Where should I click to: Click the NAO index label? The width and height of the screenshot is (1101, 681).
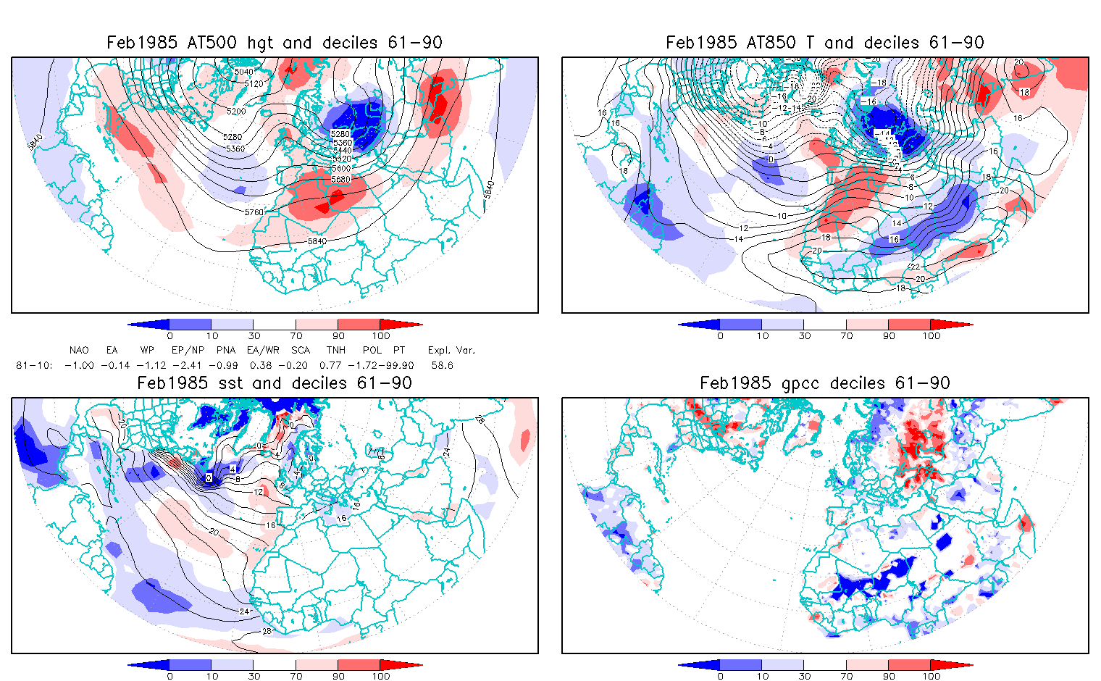coord(79,350)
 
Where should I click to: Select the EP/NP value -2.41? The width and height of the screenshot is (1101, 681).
coord(188,365)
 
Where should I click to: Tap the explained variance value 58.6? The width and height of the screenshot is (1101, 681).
coord(442,365)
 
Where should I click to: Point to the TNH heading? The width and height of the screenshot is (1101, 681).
coord(335,350)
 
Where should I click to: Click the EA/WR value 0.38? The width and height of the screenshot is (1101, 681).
coord(261,365)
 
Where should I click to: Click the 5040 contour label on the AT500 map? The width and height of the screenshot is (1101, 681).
coord(244,71)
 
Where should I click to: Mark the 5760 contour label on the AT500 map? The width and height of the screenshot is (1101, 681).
coord(254,212)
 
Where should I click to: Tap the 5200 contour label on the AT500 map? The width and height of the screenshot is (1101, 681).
coord(236,112)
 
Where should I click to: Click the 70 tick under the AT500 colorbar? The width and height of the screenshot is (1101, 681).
coord(296,335)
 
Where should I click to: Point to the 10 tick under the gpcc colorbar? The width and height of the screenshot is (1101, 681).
coord(762,676)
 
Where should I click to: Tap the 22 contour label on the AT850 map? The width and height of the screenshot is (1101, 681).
coord(915,267)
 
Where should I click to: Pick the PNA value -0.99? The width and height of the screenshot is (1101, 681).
coord(226,365)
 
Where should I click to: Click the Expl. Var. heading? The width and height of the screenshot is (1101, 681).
coord(451,350)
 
